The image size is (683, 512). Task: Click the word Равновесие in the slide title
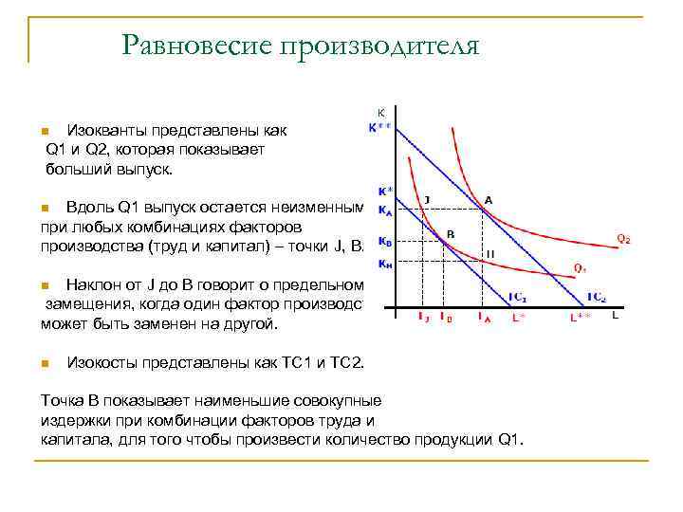click(x=195, y=45)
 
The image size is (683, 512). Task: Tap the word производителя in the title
click(x=379, y=45)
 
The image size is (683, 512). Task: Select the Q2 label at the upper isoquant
click(x=623, y=238)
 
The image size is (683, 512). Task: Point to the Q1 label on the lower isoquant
click(x=580, y=267)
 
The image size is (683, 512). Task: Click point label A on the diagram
click(x=488, y=200)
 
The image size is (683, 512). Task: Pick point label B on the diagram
click(x=451, y=233)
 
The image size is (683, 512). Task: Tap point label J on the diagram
click(x=427, y=199)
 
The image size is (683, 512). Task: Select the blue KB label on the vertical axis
click(x=383, y=241)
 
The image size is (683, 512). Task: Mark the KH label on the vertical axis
click(x=383, y=264)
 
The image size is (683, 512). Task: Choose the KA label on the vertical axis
click(x=383, y=210)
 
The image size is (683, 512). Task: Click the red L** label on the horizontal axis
click(x=581, y=319)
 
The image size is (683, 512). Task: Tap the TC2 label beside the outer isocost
click(x=597, y=298)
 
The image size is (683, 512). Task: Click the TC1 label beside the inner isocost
click(x=517, y=298)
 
